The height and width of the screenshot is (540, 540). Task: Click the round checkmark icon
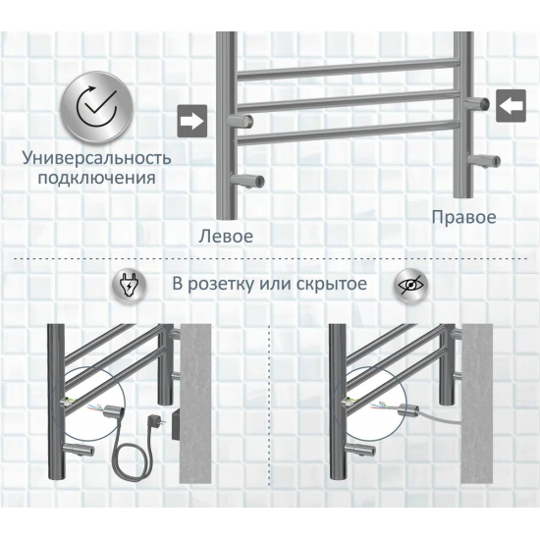(x=97, y=107)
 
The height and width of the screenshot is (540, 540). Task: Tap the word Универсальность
(x=97, y=158)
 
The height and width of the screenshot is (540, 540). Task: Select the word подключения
(x=97, y=178)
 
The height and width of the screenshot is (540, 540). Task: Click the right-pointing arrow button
(x=192, y=121)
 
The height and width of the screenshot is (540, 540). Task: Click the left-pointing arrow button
(x=512, y=105)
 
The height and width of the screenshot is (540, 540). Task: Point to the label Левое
(x=226, y=237)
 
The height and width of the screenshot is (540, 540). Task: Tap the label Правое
(x=463, y=218)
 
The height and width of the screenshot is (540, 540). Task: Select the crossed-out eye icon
(x=410, y=285)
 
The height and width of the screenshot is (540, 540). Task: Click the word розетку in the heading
(x=221, y=285)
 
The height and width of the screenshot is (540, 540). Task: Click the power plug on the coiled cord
(x=153, y=422)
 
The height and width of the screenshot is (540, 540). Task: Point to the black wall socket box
(x=176, y=423)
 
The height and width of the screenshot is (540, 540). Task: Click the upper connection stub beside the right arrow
(x=241, y=121)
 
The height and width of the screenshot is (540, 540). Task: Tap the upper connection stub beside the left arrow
(x=476, y=103)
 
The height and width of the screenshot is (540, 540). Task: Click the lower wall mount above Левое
(x=247, y=180)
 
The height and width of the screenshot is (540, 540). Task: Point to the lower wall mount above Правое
(x=484, y=161)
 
